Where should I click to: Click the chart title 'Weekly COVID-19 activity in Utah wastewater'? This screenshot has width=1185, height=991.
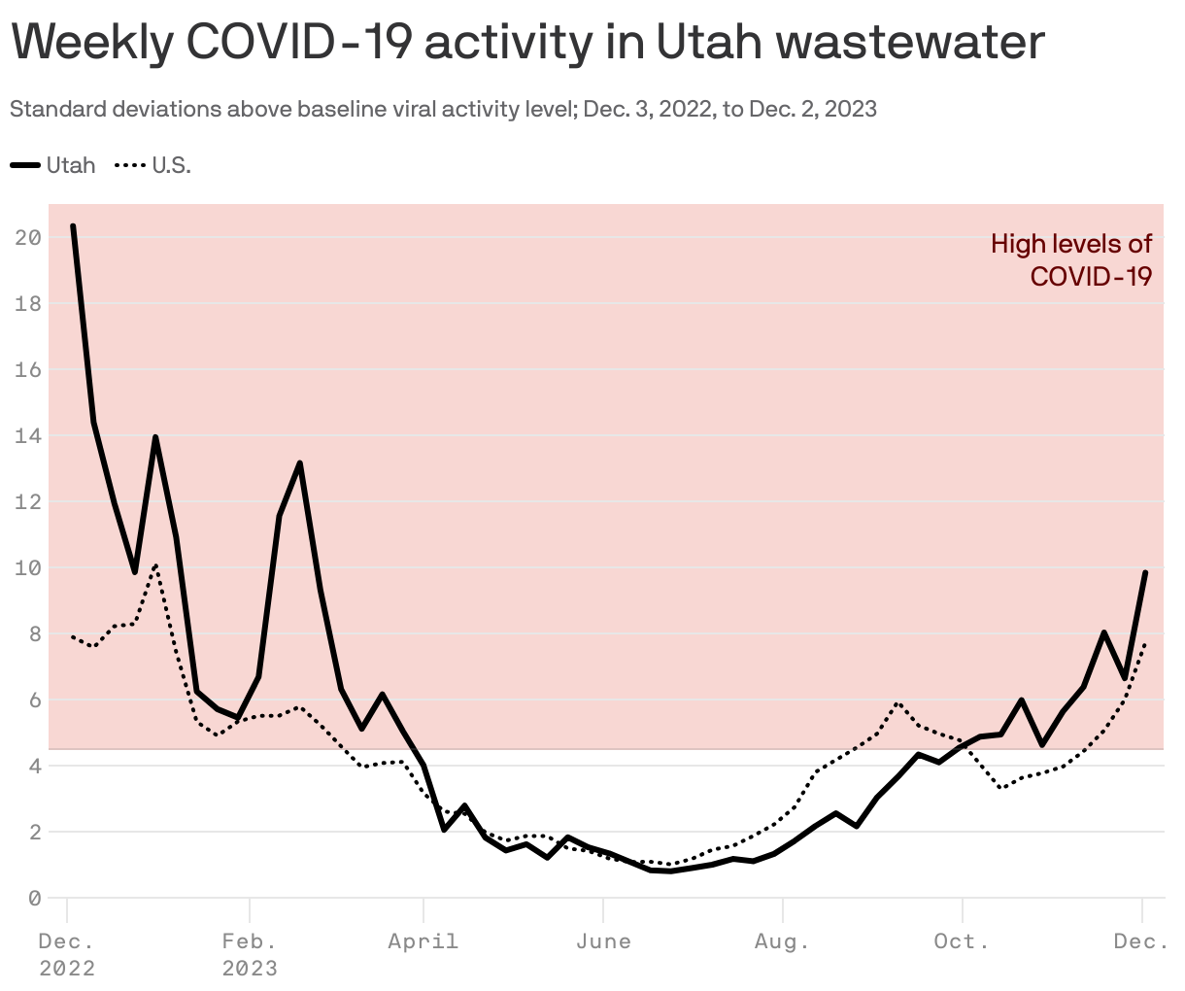527,42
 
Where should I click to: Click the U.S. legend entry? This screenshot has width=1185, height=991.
154,165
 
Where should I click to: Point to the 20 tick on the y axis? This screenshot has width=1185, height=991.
28,238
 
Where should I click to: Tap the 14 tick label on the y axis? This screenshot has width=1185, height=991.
28,436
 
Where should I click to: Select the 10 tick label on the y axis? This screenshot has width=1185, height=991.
28,568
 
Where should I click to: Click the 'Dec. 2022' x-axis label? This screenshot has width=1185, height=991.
67,954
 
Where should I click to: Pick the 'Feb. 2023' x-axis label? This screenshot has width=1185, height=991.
250,954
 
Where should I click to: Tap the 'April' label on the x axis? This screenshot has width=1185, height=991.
423,941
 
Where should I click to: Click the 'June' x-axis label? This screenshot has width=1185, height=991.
603,941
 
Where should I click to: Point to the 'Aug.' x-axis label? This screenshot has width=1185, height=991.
782,941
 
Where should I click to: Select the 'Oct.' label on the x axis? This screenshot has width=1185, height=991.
962,941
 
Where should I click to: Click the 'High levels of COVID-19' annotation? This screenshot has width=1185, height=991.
1071,259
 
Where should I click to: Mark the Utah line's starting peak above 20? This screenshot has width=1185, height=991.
73,226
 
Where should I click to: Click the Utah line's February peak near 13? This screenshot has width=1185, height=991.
300,463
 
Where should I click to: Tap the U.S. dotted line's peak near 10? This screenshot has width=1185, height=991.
155,565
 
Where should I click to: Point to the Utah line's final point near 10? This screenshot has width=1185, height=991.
1145,573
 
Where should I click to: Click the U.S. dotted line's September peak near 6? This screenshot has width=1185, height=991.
898,702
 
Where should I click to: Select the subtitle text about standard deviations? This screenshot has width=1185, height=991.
443,109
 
